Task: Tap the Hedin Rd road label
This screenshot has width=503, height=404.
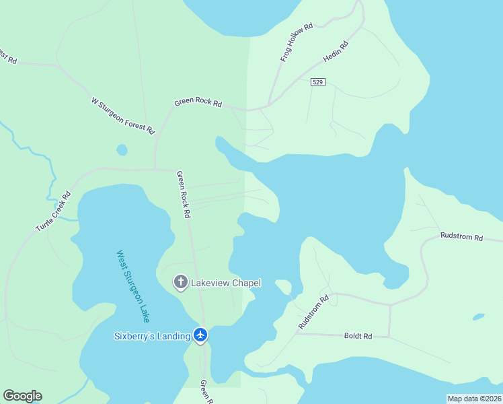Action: click(x=335, y=52)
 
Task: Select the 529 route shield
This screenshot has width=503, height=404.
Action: click(x=319, y=82)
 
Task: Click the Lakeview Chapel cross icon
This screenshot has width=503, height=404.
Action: click(x=180, y=283)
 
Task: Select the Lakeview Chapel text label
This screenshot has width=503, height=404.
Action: click(x=226, y=283)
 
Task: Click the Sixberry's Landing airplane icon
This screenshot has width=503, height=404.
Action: click(x=200, y=335)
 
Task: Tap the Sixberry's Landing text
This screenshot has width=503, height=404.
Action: click(x=152, y=336)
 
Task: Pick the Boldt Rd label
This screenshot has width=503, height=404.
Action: click(x=358, y=335)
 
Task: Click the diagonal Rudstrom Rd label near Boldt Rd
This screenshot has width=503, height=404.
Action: click(x=313, y=312)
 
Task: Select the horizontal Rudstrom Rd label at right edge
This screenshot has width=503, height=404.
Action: click(x=461, y=237)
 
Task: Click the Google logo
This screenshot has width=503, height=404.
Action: click(x=22, y=396)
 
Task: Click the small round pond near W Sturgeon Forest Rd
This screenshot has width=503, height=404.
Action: click(x=122, y=149)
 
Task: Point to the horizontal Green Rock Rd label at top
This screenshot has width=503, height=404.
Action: click(x=198, y=103)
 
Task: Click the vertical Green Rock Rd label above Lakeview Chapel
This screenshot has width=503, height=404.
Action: click(x=184, y=194)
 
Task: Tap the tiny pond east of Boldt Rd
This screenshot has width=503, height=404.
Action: click(x=478, y=316)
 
